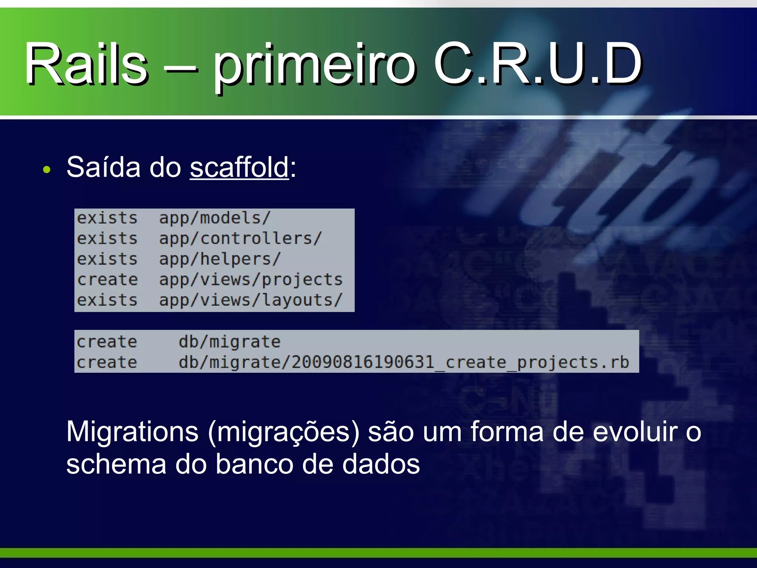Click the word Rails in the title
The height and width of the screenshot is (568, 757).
(86, 64)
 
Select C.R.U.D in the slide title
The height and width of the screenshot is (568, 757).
(538, 64)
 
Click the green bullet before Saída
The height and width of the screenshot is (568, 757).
(47, 170)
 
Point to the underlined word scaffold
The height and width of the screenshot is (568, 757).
(239, 167)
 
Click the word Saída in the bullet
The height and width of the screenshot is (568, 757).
(103, 167)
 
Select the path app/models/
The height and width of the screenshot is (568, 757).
(215, 218)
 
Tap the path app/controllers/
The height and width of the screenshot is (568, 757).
(240, 239)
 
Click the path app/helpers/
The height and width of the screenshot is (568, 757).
(220, 259)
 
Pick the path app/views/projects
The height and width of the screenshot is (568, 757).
(251, 280)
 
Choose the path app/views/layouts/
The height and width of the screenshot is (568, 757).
(251, 300)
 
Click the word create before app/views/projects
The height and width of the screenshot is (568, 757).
(107, 280)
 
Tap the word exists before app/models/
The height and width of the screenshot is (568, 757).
(107, 218)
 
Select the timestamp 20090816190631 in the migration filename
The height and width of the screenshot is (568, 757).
(362, 362)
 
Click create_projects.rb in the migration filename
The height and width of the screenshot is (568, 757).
(537, 362)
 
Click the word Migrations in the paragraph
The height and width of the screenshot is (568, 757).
(132, 432)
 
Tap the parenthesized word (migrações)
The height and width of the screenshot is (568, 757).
(284, 432)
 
